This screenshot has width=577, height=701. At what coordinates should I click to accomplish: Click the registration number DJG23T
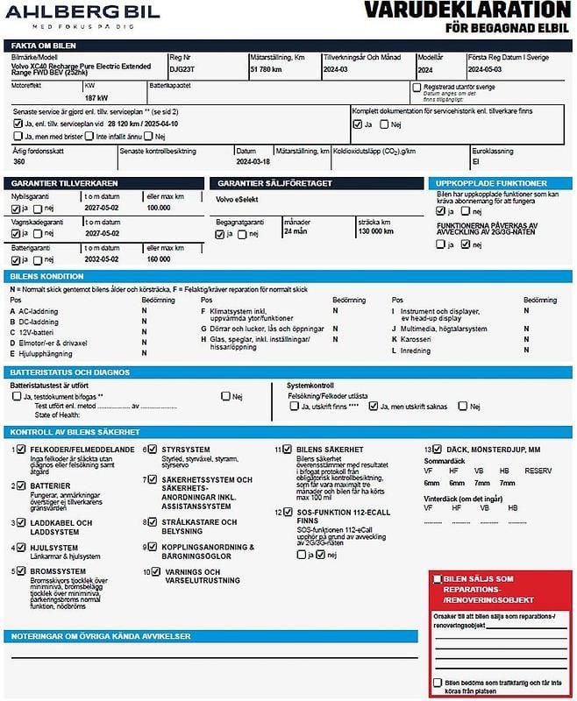182,67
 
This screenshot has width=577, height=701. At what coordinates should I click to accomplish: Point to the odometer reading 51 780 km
266,67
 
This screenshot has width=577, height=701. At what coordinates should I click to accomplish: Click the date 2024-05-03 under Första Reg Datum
486,67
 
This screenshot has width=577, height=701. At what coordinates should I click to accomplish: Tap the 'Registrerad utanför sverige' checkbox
417,88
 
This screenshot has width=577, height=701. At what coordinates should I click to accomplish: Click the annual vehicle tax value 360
19,161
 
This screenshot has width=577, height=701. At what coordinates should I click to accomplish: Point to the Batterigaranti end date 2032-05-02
102,259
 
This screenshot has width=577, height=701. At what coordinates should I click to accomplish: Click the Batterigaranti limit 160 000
159,259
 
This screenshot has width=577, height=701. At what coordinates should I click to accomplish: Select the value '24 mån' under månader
296,232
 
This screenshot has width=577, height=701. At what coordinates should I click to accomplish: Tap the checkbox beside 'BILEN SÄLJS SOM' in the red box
437,579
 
